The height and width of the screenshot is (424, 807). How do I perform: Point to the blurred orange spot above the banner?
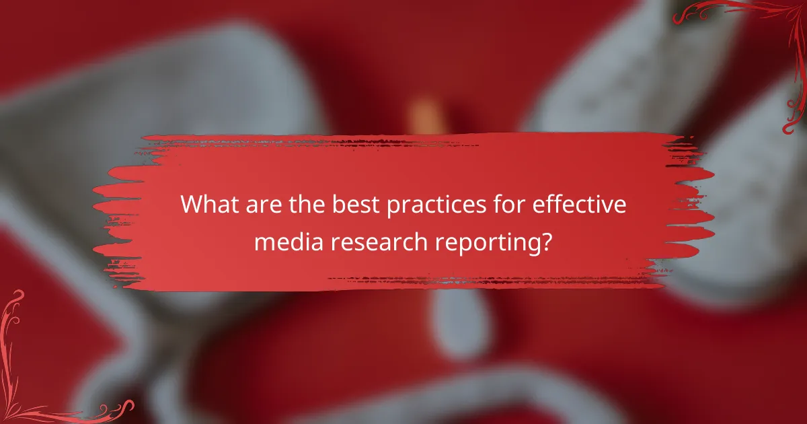(x=424, y=114)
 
